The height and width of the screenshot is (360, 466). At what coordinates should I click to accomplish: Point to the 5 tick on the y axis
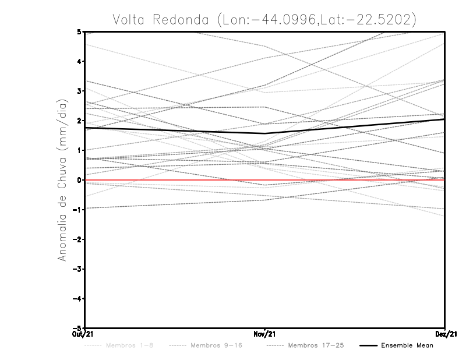(x=80, y=31)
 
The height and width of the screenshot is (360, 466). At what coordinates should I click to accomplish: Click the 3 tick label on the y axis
(x=80, y=91)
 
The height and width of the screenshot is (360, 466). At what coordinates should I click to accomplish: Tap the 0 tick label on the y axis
(x=80, y=180)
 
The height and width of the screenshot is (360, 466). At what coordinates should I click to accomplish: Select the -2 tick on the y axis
(x=78, y=239)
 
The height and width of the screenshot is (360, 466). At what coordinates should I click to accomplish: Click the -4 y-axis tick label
(x=78, y=299)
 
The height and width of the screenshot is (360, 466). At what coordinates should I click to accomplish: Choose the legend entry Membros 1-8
(x=123, y=346)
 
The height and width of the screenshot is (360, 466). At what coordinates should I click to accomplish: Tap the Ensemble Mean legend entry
(x=407, y=346)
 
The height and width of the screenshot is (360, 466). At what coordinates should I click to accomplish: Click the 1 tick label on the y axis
(x=80, y=150)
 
